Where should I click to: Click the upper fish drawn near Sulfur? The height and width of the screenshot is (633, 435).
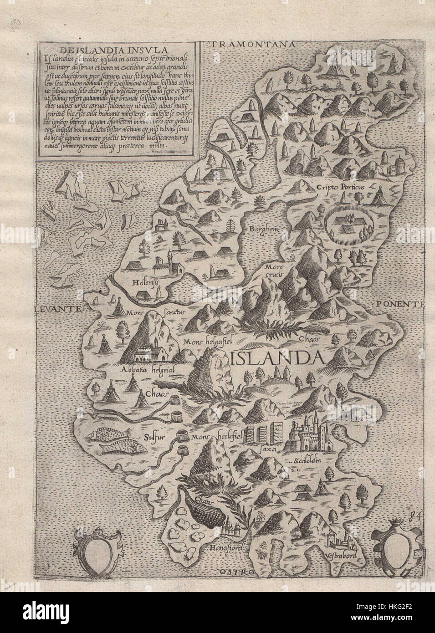click(111, 433)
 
